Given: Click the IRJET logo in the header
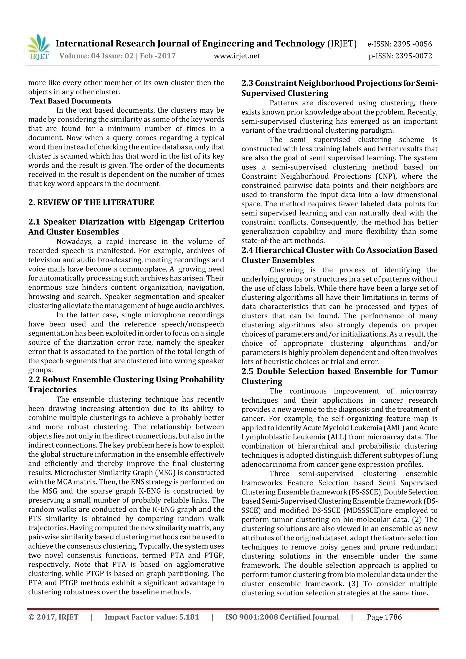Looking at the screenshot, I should [x=39, y=47].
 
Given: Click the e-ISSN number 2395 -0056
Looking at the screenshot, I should [x=412, y=44].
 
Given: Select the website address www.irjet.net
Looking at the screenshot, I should [x=237, y=56].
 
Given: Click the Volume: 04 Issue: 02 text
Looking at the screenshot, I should [x=96, y=56].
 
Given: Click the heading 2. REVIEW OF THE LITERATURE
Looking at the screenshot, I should [x=91, y=202].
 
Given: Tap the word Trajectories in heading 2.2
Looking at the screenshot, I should [x=52, y=389].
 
